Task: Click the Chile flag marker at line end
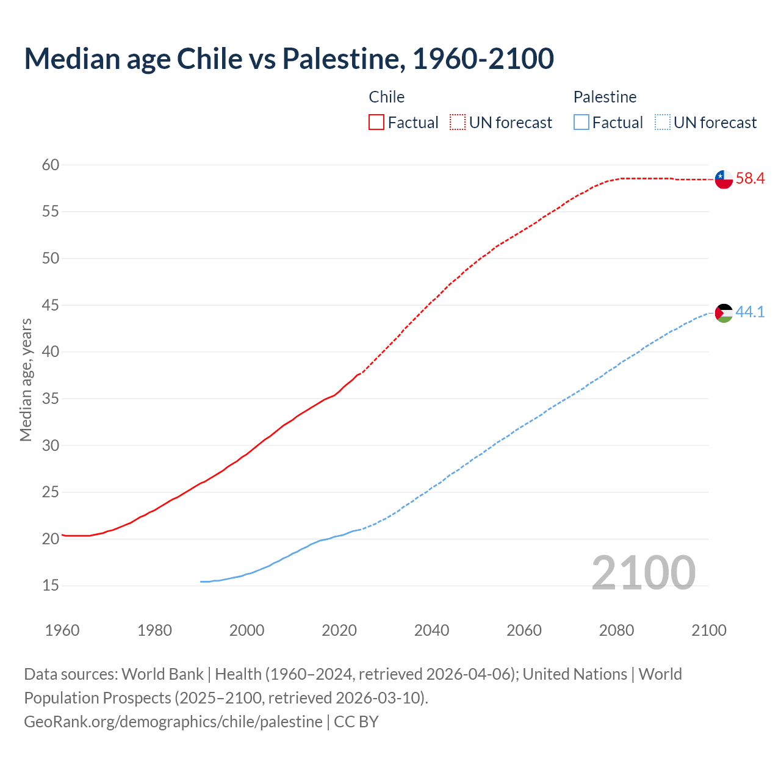pos(724,179)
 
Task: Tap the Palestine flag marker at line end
pos(724,313)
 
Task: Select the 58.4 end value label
pos(750,179)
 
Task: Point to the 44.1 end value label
pos(750,312)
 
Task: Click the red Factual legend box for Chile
pos(376,123)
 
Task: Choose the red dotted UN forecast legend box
pos(458,123)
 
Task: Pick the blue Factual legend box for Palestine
pos(581,123)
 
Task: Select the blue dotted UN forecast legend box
pos(662,123)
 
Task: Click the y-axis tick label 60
pos(51,165)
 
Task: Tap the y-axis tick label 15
pos(51,586)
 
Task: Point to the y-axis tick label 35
pos(51,399)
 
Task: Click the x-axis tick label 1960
pos(62,630)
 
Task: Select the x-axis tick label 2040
pos(431,630)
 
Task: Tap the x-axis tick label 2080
pos(616,630)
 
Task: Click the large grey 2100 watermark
pos(643,572)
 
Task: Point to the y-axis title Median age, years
pos(26,380)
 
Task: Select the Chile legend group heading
pos(386,97)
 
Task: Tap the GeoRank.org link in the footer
pos(173,722)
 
